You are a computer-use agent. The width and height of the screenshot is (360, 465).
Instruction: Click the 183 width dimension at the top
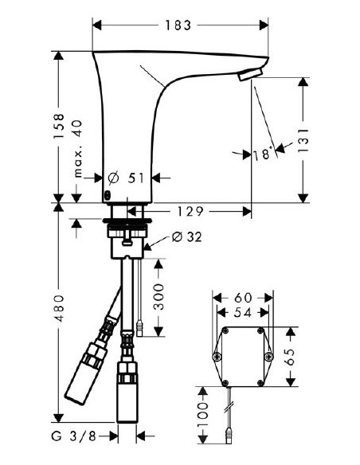(179, 25)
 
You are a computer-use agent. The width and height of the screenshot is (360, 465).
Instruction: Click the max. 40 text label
(78, 149)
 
